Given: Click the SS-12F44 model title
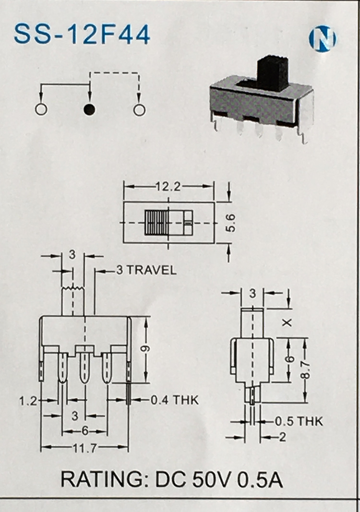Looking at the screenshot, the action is point(82,34).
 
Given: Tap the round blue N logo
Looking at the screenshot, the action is point(323,38).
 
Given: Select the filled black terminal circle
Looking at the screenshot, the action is point(89,110).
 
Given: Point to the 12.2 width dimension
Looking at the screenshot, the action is point(168,187).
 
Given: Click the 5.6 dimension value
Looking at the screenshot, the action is point(231,222).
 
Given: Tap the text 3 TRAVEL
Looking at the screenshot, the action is point(146,270).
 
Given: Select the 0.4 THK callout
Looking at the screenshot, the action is point(174,400).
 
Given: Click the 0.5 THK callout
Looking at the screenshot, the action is point(299,421).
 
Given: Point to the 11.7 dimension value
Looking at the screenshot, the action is point(85,448).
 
